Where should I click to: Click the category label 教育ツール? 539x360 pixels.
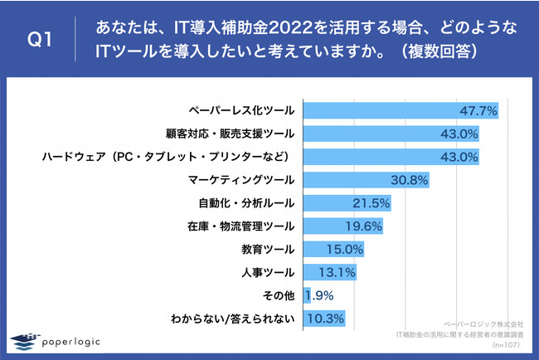pos(271,249)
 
